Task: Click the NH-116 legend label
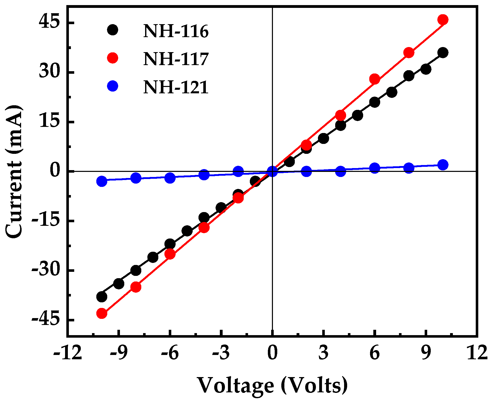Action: coord(176,32)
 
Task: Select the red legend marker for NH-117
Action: coord(112,58)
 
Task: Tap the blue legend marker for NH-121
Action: coord(112,86)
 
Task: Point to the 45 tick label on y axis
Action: coord(49,22)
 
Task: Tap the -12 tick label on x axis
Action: coord(68,353)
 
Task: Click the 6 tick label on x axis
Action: coord(374,353)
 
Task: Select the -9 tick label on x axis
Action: coord(119,353)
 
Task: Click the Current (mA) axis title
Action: coord(14,172)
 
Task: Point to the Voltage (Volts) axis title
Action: coord(272,385)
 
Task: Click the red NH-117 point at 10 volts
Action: coord(443,20)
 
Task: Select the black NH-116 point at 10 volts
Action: coord(443,53)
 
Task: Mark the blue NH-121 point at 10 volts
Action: coord(443,165)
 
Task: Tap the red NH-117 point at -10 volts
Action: coord(102,313)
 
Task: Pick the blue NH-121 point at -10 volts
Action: coord(102,181)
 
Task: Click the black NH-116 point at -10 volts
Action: coord(102,296)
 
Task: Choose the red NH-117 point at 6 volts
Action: coord(375,79)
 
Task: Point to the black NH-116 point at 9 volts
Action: coord(426,69)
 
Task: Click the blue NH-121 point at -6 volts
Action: coord(170,178)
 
